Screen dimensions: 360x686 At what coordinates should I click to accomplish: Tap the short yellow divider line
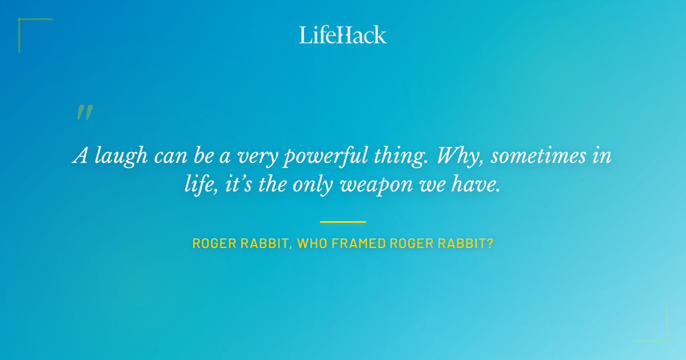click(342, 222)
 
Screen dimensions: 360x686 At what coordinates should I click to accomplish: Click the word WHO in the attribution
click(313, 243)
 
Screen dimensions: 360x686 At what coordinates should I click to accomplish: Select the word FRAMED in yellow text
click(359, 243)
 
